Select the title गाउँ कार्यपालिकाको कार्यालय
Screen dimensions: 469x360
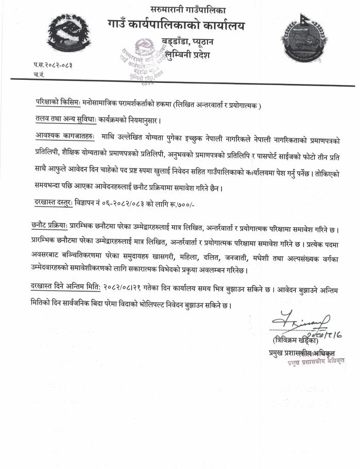coord(176,25)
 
